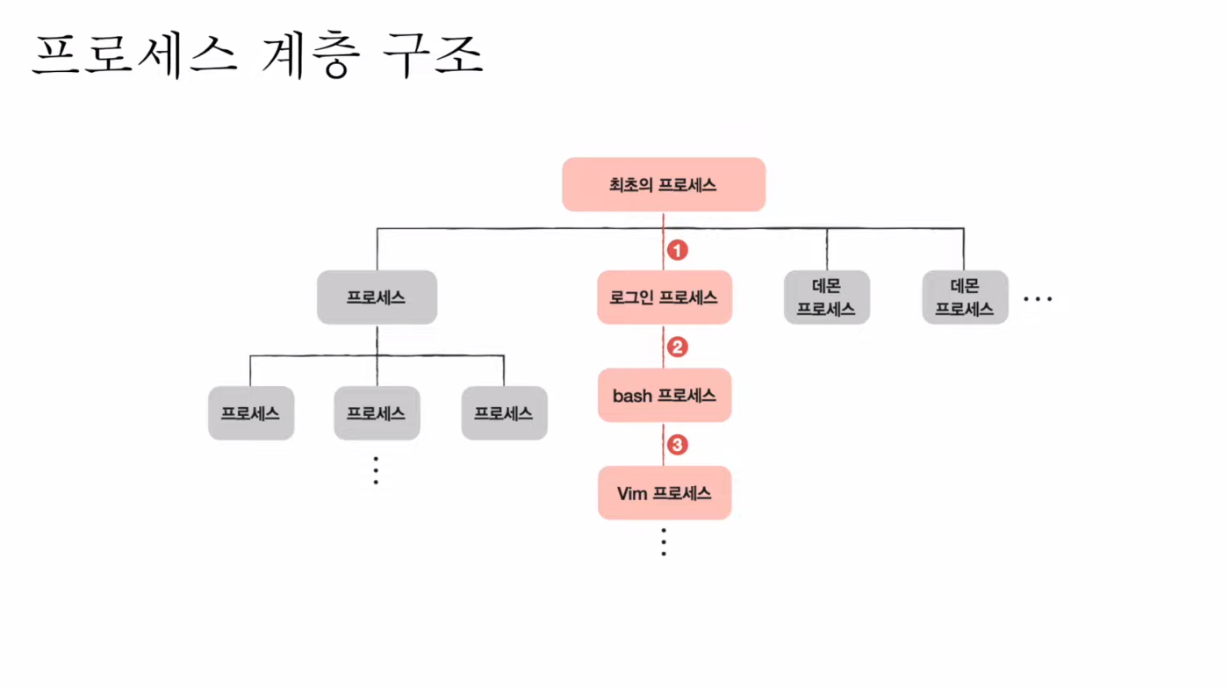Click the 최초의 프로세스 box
[664, 185]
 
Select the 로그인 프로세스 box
[664, 297]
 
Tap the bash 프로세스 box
[664, 396]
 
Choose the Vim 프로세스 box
[664, 493]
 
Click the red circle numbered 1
[677, 250]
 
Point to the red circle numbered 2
[677, 347]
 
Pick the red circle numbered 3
[677, 446]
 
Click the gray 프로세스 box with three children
[377, 297]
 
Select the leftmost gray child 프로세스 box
[250, 412]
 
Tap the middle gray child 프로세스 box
[377, 412]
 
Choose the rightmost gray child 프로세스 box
[504, 412]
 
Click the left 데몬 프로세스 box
[826, 297]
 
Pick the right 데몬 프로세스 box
[964, 297]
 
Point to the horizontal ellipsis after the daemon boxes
[1038, 299]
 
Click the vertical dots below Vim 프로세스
[664, 542]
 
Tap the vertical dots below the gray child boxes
[376, 471]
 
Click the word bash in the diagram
[632, 396]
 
